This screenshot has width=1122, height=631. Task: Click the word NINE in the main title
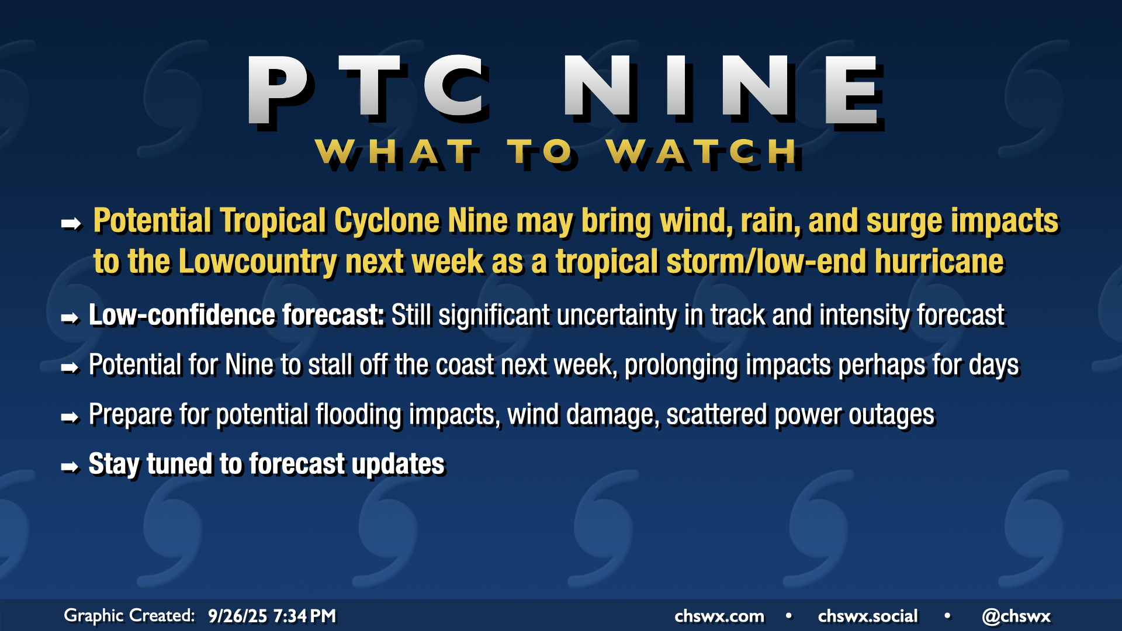(x=723, y=90)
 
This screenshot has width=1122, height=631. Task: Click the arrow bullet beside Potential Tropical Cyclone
(x=71, y=223)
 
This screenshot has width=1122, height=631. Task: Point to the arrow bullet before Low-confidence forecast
(x=70, y=318)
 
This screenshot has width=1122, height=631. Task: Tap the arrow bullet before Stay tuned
(x=70, y=467)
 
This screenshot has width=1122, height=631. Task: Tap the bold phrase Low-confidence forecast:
(x=236, y=315)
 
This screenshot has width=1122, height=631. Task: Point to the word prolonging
(x=681, y=366)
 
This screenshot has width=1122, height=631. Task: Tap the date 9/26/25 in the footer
(x=237, y=616)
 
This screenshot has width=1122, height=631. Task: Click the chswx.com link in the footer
(x=719, y=616)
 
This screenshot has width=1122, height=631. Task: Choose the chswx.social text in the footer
(x=868, y=616)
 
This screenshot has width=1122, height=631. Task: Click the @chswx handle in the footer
(x=1016, y=616)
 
